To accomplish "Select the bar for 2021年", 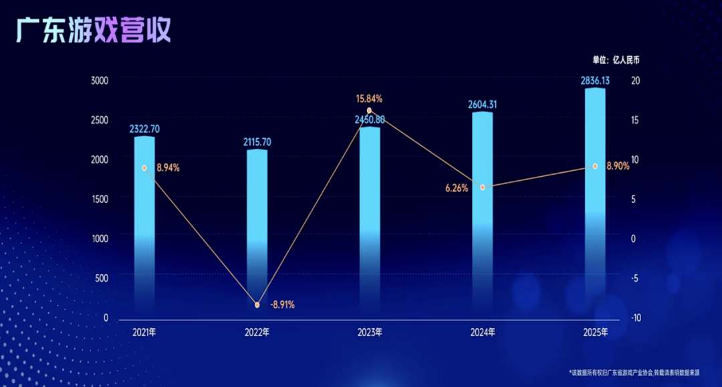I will pyautogui.click(x=144, y=227).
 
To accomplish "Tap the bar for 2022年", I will pyautogui.click(x=257, y=234).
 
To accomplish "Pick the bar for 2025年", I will pyautogui.click(x=596, y=200).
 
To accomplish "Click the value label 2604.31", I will pyautogui.click(x=483, y=105).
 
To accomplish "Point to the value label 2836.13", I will pyautogui.click(x=596, y=81).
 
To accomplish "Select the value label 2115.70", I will pyautogui.click(x=257, y=142).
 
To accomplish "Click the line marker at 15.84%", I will pyautogui.click(x=370, y=111).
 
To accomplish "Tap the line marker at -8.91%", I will pyautogui.click(x=257, y=305).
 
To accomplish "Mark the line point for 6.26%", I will pyautogui.click(x=483, y=187).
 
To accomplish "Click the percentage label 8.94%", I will pyautogui.click(x=168, y=167).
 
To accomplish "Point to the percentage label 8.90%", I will pyautogui.click(x=618, y=166).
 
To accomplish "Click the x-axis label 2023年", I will pyautogui.click(x=370, y=332).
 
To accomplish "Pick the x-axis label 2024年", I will pyautogui.click(x=483, y=332).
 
